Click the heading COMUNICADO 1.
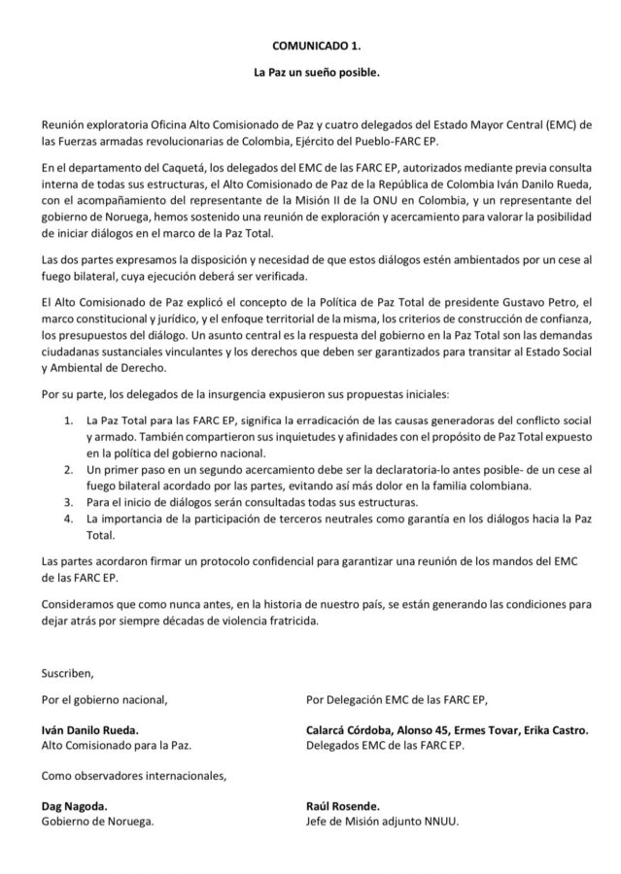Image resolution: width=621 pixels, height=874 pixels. click(x=310, y=45)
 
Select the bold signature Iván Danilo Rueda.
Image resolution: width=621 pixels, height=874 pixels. click(x=95, y=730)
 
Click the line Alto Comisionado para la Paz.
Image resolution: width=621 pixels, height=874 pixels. click(x=116, y=746)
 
